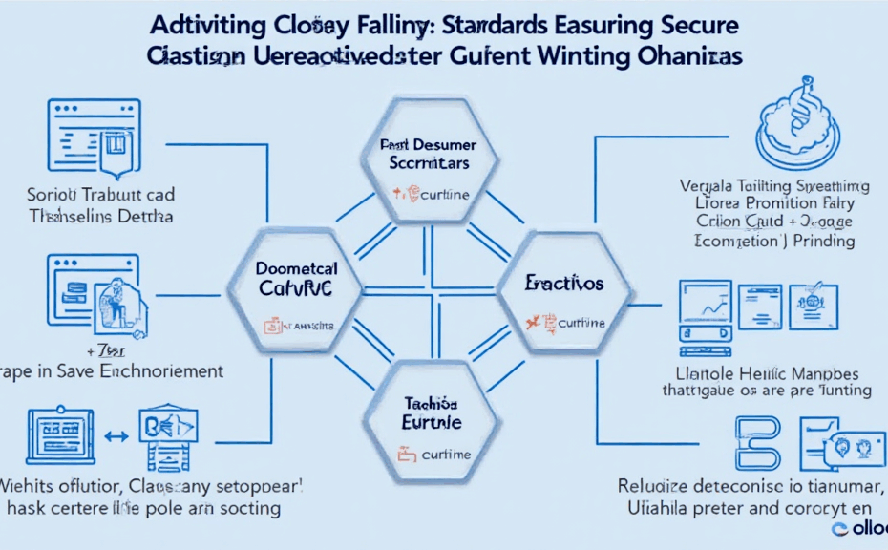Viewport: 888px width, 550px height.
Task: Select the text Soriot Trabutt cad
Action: click(x=101, y=195)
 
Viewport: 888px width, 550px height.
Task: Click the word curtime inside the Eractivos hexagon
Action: click(x=580, y=323)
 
